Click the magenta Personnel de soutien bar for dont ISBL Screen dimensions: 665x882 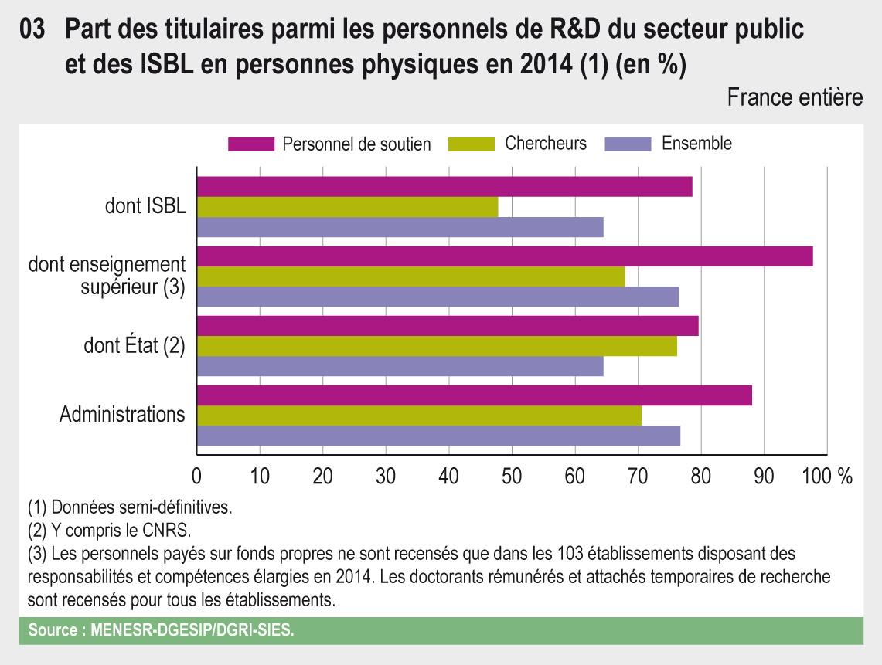point(444,187)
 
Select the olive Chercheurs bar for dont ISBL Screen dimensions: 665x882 point(347,207)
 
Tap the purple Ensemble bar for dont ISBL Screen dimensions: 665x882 point(400,227)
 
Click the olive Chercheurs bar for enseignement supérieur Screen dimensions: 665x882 point(410,277)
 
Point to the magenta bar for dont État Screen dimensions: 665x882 point(448,326)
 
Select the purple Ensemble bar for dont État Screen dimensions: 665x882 point(400,366)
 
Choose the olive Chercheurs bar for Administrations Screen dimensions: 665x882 point(419,416)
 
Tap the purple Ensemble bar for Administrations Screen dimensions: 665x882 point(438,436)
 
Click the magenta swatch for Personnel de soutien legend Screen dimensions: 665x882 point(251,144)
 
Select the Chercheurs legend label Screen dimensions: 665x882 point(546,144)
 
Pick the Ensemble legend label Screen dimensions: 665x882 point(696,144)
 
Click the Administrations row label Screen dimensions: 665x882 point(122,415)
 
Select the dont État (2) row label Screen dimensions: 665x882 point(135,345)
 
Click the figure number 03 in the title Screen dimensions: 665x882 point(35,29)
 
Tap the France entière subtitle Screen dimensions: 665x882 point(795,98)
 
